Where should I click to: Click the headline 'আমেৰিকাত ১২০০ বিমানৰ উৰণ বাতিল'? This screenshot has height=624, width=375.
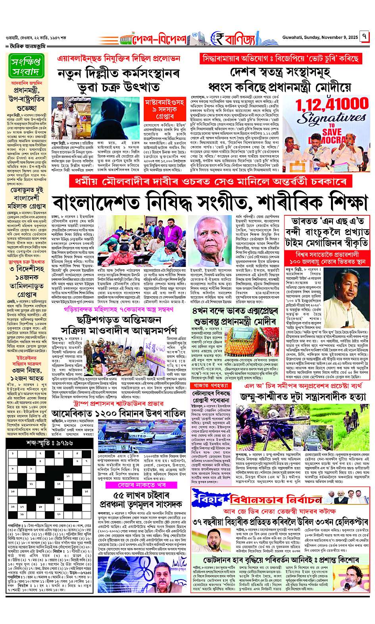tap(119, 413)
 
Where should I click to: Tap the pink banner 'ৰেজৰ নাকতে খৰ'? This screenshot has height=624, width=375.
tap(139, 485)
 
